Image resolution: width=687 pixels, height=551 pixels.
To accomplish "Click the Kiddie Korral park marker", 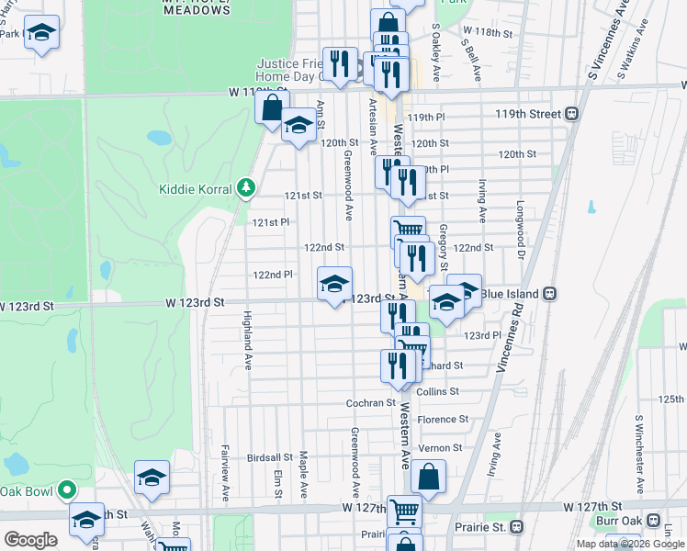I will click(245, 188).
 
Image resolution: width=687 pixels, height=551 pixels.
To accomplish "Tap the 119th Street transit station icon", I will click(572, 114).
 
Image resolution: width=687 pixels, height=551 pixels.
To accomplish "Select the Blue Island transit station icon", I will click(549, 293).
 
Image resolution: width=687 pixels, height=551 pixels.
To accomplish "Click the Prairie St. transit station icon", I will click(517, 527).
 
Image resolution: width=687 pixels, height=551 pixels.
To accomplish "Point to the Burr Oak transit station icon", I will click(656, 520).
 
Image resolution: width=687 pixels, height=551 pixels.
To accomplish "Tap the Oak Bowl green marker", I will click(66, 489).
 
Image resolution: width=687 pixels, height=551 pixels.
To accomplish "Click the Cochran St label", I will click(370, 402).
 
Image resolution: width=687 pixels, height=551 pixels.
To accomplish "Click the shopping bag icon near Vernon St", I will click(428, 478).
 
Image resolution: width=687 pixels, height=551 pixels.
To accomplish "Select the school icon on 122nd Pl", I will click(334, 284).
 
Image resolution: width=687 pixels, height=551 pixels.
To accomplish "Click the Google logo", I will click(30, 540).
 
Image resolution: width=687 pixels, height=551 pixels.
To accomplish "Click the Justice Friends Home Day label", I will click(290, 70).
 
